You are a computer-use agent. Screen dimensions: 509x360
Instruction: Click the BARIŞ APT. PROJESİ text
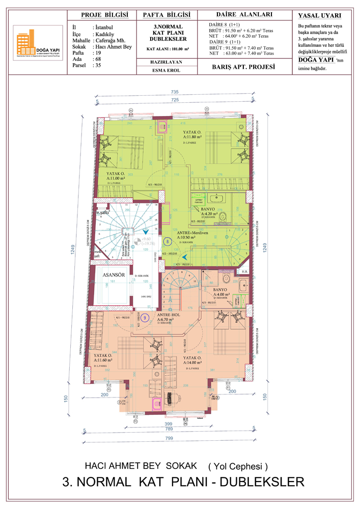[243, 67]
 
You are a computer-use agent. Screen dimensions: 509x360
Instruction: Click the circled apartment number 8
[168, 241]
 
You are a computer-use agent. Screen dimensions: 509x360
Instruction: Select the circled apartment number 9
[145, 317]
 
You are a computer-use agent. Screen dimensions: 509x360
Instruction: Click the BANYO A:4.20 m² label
[208, 211]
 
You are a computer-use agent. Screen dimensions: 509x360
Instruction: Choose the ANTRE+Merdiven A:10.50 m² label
[193, 234]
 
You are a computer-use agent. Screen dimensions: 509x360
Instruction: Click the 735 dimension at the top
[175, 92]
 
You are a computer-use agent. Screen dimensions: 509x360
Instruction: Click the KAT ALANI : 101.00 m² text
[168, 49]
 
